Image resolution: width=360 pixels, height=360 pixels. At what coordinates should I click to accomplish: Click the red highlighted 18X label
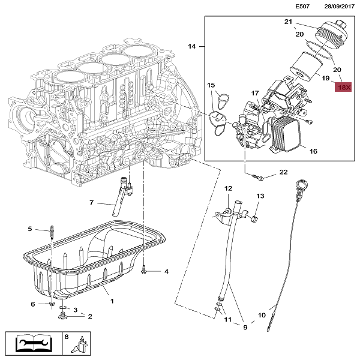(343, 87)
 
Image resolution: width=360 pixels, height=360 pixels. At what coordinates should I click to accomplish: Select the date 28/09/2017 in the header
(340, 6)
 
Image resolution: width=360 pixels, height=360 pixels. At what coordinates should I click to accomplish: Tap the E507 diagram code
(302, 6)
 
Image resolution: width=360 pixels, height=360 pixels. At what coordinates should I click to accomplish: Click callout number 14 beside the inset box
(192, 46)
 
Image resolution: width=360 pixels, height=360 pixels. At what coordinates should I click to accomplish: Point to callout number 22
(284, 172)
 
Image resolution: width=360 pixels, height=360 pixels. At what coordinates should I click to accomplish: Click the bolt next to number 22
(258, 177)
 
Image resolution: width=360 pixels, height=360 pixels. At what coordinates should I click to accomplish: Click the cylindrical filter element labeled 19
(305, 67)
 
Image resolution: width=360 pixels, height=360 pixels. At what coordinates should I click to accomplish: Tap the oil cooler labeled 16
(286, 133)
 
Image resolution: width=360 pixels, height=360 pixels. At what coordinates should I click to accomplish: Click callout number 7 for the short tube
(92, 203)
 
